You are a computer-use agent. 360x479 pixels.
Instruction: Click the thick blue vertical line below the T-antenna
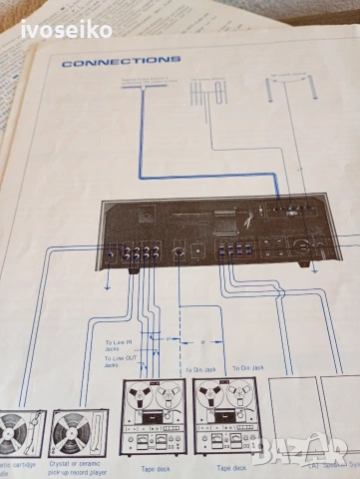click(x=140, y=150)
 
